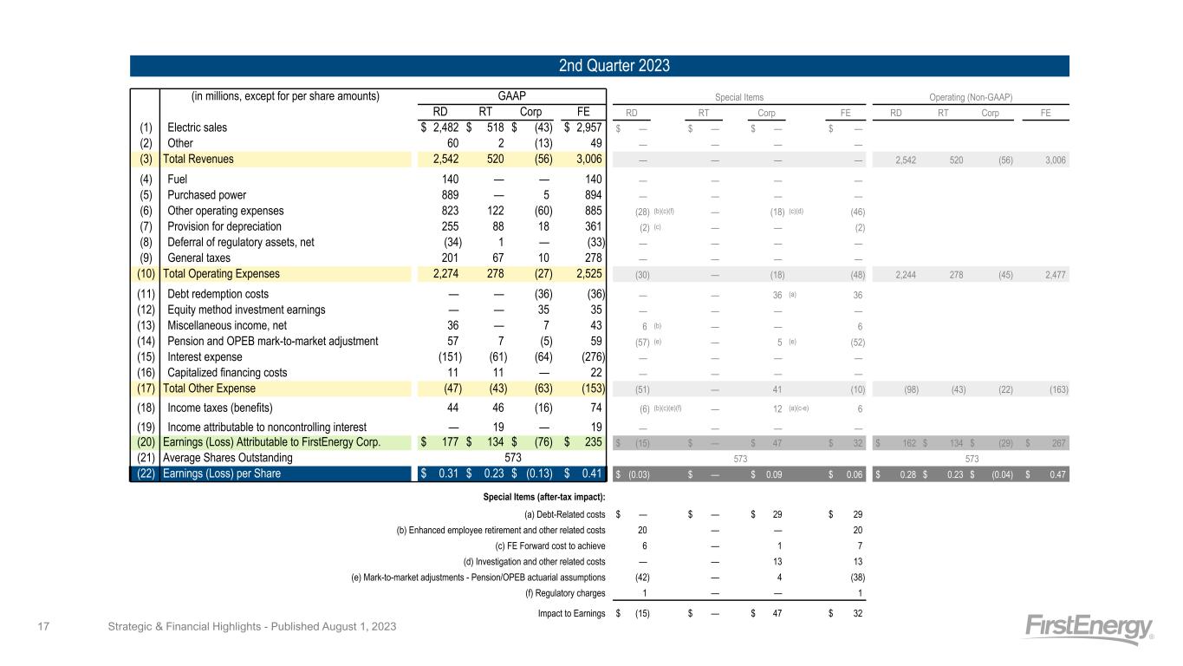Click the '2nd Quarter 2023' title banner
(x=599, y=66)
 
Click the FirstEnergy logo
(x=1089, y=630)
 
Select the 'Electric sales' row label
(x=197, y=127)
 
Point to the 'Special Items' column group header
(x=738, y=97)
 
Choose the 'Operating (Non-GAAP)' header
(x=971, y=97)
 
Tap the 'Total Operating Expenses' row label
(x=221, y=274)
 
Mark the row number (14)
(x=146, y=341)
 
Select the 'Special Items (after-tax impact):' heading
(x=543, y=496)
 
